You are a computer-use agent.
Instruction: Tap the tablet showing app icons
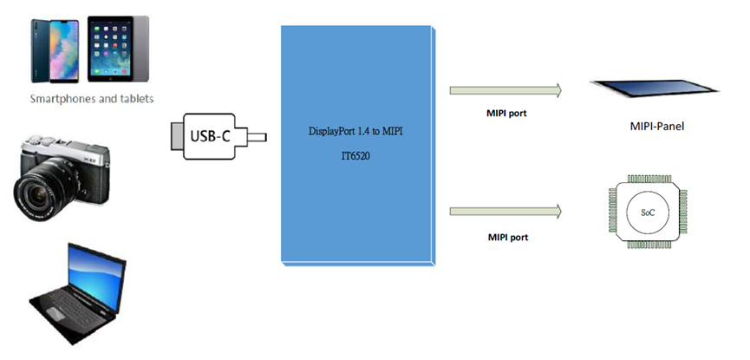point(113,47)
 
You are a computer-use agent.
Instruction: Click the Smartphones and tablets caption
point(91,99)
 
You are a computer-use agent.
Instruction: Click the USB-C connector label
point(209,135)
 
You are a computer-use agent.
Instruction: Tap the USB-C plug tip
point(258,136)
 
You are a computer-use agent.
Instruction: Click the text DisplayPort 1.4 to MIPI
point(355,132)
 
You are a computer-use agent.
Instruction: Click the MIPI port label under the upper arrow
point(506,113)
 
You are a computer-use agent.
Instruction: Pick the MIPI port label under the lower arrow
point(506,236)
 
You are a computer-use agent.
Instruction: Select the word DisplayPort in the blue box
point(332,132)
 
